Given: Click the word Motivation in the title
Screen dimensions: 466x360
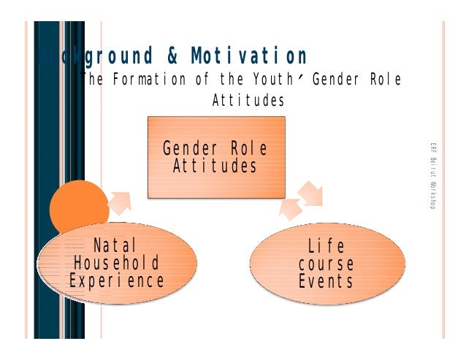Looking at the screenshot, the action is (250, 56).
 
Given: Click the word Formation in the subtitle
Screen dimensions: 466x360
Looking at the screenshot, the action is (146, 80).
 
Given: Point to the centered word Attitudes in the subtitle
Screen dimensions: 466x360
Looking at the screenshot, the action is (248, 101).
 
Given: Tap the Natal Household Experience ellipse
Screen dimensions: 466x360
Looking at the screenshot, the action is (118, 262).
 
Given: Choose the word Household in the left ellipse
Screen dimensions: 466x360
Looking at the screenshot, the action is (117, 263).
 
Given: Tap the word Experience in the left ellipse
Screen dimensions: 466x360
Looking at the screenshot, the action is (117, 281).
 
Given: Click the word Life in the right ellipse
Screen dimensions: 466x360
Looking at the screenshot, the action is (326, 245).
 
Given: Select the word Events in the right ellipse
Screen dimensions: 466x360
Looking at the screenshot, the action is (326, 281).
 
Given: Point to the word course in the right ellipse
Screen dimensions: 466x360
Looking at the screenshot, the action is (326, 264).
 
